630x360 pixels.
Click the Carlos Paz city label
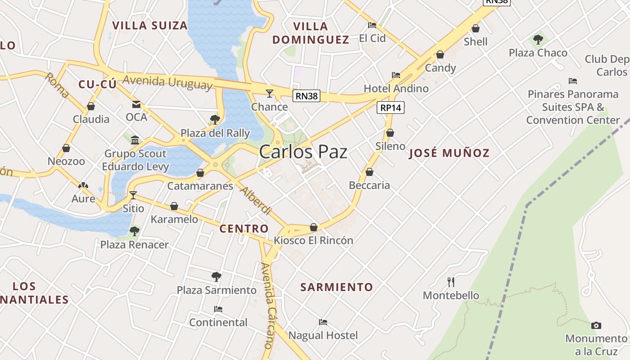pyautogui.click(x=303, y=152)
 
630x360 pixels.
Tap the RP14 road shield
pyautogui.click(x=391, y=108)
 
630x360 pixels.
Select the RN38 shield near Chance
pyautogui.click(x=306, y=95)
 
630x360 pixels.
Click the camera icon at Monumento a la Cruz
pyautogui.click(x=596, y=325)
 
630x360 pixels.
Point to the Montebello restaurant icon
pyautogui.click(x=451, y=282)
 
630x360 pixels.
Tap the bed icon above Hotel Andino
pyautogui.click(x=396, y=75)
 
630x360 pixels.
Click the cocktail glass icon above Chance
pyautogui.click(x=270, y=94)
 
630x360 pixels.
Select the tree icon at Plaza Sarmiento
pyautogui.click(x=216, y=276)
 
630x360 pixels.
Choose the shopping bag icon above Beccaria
pyautogui.click(x=369, y=172)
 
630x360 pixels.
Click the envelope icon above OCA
pyautogui.click(x=136, y=104)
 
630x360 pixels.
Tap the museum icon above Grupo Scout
pyautogui.click(x=135, y=140)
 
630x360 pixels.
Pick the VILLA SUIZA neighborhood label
pyautogui.click(x=150, y=25)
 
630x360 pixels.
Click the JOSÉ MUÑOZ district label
pyautogui.click(x=449, y=153)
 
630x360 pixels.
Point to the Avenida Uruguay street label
pyautogui.click(x=167, y=82)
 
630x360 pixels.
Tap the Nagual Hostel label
pyautogui.click(x=323, y=335)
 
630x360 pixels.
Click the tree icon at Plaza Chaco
pyautogui.click(x=538, y=40)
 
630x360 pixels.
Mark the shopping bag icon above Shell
pyautogui.click(x=476, y=29)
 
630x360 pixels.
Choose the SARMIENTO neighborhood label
pyautogui.click(x=337, y=287)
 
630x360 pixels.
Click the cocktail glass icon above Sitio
pyautogui.click(x=133, y=195)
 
